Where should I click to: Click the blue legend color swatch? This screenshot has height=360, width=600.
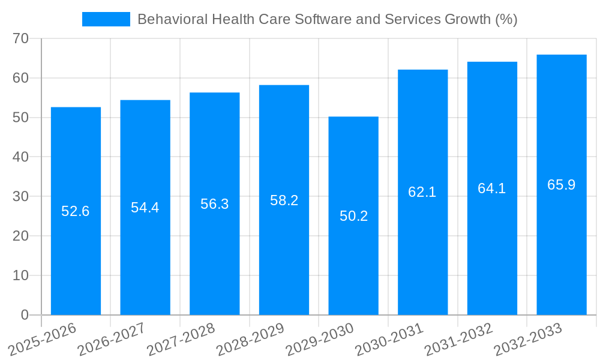point(106,19)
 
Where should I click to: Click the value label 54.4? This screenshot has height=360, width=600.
point(145,208)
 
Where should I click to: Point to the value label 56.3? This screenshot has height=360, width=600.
point(215,204)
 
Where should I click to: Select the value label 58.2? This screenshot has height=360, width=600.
point(284,200)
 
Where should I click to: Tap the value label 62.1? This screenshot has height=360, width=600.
point(422,192)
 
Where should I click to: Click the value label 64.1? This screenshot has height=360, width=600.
point(492,188)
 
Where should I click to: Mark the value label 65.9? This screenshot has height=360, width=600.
point(562,185)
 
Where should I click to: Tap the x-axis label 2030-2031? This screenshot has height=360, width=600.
point(389,340)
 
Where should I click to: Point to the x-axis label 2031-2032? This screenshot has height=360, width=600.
point(459,340)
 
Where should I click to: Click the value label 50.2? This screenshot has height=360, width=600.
point(354,216)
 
